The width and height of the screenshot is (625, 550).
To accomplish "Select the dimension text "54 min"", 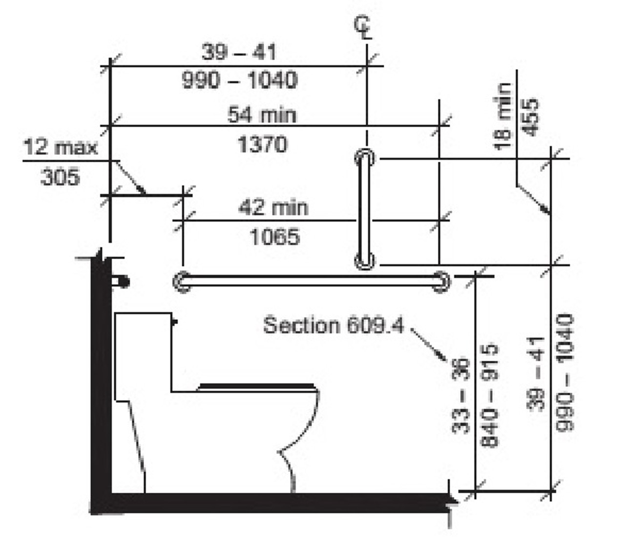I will point(262,115).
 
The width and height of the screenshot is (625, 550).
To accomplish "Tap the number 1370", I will point(262,144).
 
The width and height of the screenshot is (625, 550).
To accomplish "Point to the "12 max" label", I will point(60,147).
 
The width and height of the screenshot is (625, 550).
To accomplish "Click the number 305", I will point(60,176).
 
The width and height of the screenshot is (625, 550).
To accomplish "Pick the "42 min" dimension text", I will point(273,208).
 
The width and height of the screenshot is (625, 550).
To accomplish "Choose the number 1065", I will point(274,237).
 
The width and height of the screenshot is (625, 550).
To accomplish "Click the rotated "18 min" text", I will point(502,116).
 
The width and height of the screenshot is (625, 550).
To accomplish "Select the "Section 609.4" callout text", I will point(333,325).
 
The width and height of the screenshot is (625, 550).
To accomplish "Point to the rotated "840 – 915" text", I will point(490,396).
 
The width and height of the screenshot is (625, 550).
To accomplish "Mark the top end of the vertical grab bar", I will point(364,157).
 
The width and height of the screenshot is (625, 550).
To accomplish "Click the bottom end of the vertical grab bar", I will point(364,261).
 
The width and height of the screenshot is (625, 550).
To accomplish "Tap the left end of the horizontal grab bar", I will point(182,282).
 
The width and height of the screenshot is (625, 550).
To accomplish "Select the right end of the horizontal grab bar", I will point(441,282).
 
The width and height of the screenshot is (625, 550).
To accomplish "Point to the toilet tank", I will point(143,352).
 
